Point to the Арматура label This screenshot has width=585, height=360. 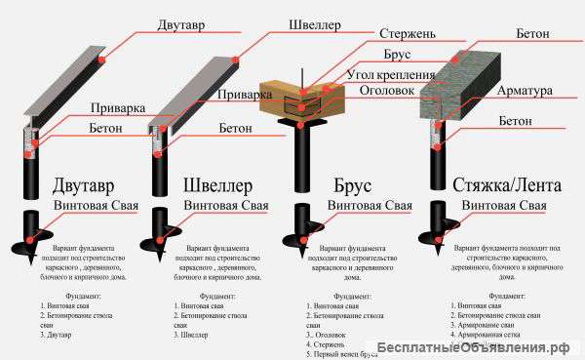[526, 91]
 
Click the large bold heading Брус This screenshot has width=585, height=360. [364, 185]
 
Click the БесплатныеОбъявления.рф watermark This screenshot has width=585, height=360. [500, 348]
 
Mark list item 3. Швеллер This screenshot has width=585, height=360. [190, 334]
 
